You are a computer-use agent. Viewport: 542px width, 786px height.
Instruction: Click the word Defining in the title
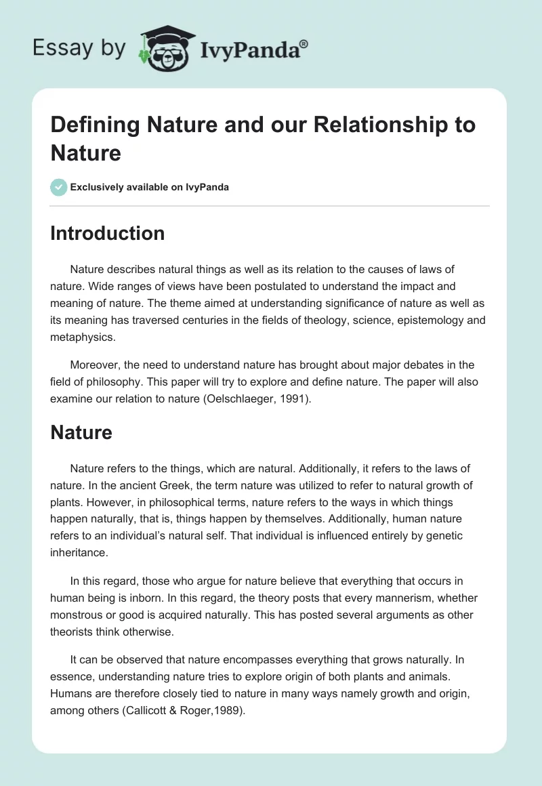coord(93,125)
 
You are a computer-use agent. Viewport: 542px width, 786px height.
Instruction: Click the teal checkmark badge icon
coord(59,187)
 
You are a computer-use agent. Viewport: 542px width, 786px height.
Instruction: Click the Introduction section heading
coord(107,233)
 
